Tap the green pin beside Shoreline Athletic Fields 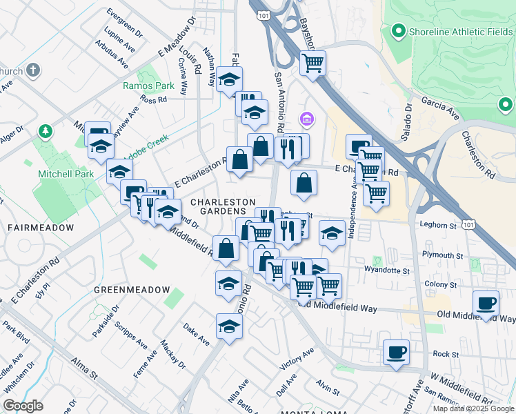[x=398, y=31]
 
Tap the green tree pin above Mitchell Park [x=45, y=130]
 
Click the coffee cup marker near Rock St [x=397, y=353]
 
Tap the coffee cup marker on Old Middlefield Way [x=486, y=303]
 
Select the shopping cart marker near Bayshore [x=313, y=63]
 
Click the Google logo [x=23, y=406]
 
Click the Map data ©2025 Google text [x=473, y=408]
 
